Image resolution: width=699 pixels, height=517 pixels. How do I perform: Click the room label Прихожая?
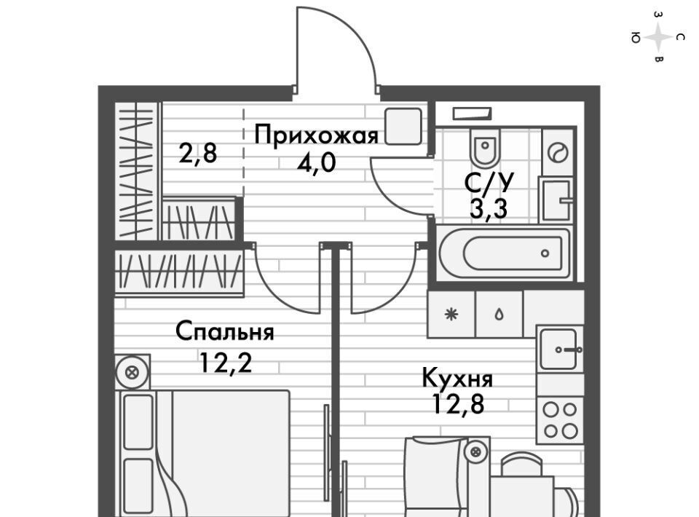click(316, 135)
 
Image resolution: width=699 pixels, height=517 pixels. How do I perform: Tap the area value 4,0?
click(316, 162)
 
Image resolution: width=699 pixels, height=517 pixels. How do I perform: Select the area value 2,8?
click(198, 154)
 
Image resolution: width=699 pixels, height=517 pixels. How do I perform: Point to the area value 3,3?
click(489, 209)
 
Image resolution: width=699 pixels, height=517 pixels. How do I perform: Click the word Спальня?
click(224, 333)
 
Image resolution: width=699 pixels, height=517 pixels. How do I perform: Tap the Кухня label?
click(457, 379)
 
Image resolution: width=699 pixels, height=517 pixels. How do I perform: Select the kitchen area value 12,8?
click(457, 405)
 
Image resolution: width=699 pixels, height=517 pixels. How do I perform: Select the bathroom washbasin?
click(558, 198)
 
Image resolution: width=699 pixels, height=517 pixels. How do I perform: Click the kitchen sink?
click(560, 350)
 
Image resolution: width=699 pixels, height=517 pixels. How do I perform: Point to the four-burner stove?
click(560, 419)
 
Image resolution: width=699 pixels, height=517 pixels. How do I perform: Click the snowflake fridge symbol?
click(451, 315)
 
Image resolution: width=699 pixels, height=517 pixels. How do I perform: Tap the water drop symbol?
click(499, 315)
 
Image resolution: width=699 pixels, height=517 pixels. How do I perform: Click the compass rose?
click(658, 36)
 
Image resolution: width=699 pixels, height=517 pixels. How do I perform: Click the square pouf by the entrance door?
click(403, 126)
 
